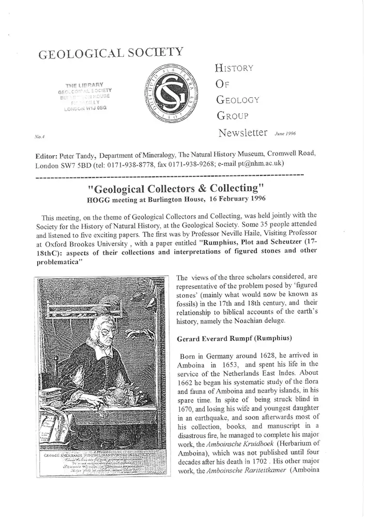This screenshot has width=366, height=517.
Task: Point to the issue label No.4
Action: [38, 138]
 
